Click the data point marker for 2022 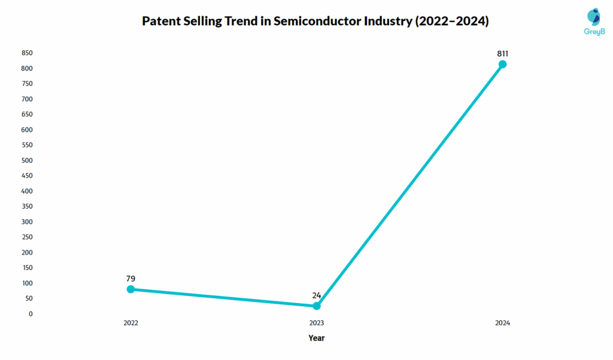(x=131, y=289)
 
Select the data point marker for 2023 (x=317, y=306)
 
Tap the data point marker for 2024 (x=503, y=64)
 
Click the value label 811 (x=503, y=53)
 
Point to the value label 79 (x=131, y=279)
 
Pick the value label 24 (x=317, y=295)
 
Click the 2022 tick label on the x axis (x=131, y=323)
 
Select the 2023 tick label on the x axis (x=317, y=323)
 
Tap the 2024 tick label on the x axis (x=503, y=323)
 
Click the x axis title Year (x=317, y=338)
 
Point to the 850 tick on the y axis (x=27, y=53)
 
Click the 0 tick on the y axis (x=31, y=314)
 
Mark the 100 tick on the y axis (x=27, y=283)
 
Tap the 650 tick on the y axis (x=27, y=114)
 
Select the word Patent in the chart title (x=161, y=22)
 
